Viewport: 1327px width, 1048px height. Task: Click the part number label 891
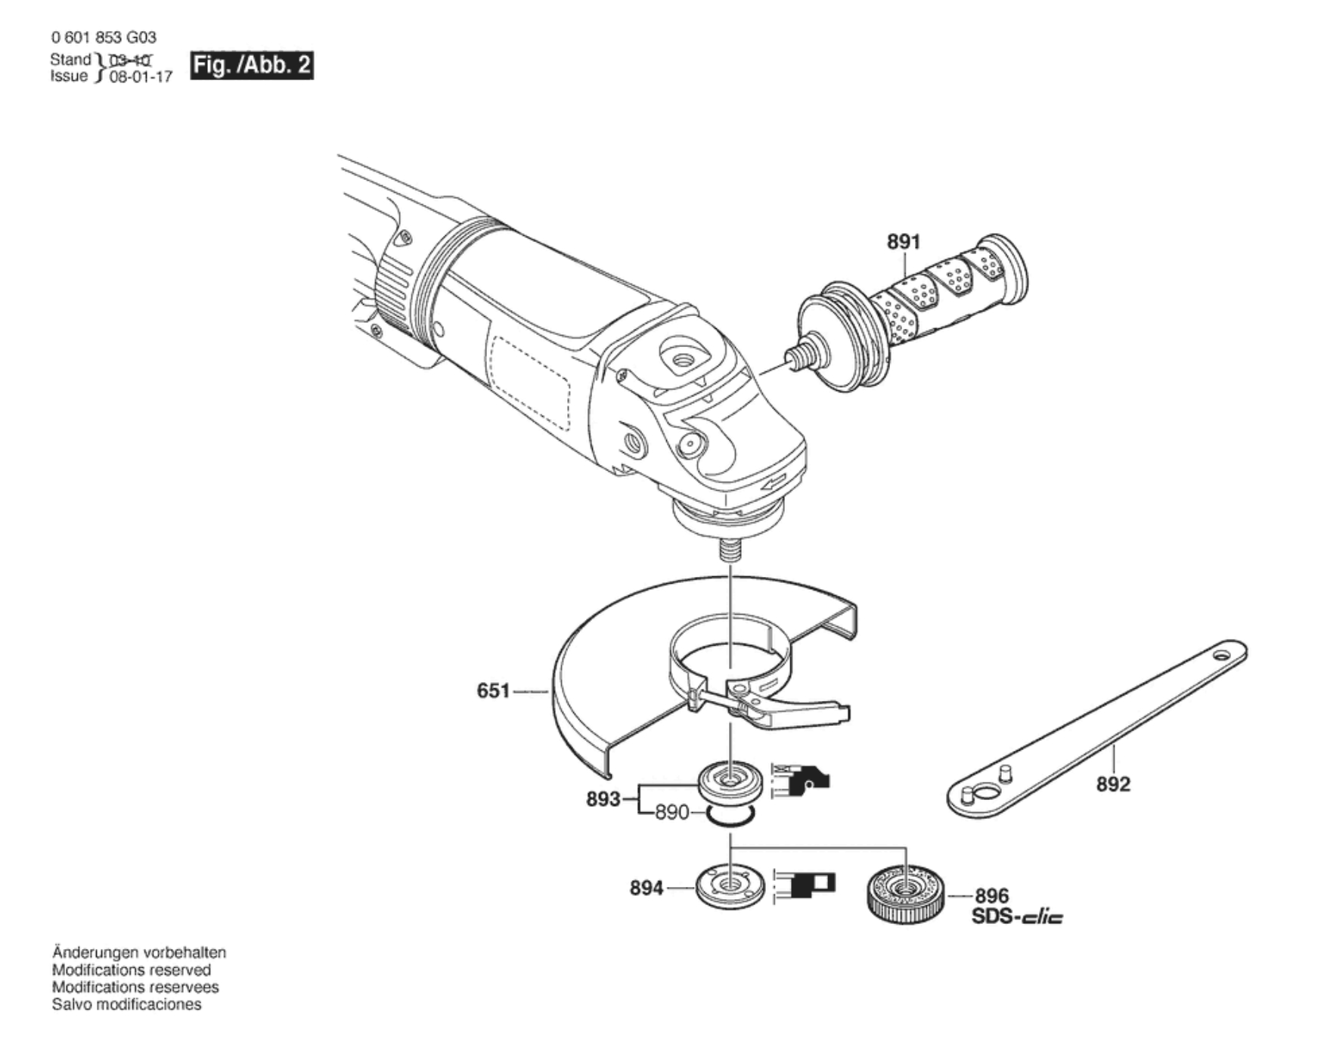pos(904,242)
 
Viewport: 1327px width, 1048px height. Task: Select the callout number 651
pos(493,691)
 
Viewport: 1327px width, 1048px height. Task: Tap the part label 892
pos(1113,784)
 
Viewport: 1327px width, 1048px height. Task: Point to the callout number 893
pos(603,799)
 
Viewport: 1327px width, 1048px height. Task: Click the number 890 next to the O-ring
pos(672,813)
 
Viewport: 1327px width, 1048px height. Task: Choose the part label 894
pos(646,888)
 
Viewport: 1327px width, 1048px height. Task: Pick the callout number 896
pos(991,896)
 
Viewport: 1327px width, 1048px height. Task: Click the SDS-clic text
pos(1017,917)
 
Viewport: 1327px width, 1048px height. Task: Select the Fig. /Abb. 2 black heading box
pos(252,66)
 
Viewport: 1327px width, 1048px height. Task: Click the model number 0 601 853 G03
pos(104,37)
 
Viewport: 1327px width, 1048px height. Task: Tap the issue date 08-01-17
pos(141,76)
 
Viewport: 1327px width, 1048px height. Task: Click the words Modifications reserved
pos(132,970)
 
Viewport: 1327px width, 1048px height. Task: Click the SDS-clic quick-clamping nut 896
pos(904,893)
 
